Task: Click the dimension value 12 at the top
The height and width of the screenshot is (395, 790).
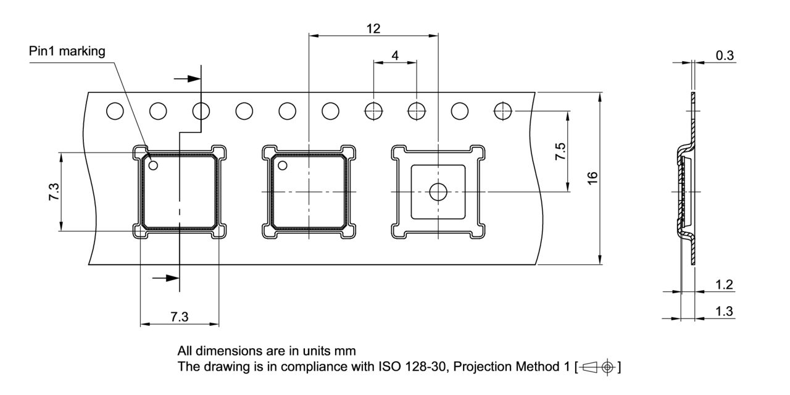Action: (x=373, y=28)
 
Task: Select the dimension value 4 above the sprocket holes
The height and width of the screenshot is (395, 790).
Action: (x=395, y=56)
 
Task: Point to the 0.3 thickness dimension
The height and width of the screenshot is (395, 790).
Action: (x=725, y=56)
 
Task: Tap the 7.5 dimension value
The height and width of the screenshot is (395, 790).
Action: (x=560, y=151)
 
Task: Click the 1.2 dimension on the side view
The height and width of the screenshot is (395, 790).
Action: (x=725, y=285)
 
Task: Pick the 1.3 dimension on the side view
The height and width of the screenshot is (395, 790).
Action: (x=725, y=312)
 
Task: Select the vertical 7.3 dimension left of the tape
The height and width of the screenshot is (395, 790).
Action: (x=54, y=191)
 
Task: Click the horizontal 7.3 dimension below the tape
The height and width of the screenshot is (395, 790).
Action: (x=179, y=317)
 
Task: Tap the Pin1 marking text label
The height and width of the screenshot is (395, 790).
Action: (x=67, y=51)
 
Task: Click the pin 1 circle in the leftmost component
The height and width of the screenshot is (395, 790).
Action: (x=153, y=165)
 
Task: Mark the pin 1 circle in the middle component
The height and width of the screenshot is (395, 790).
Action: (x=283, y=165)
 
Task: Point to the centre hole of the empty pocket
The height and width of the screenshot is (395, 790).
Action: (x=438, y=191)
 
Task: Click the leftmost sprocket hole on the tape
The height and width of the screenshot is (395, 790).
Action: (x=115, y=111)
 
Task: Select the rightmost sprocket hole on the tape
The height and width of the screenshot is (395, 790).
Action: (x=503, y=111)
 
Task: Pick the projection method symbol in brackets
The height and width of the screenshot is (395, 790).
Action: (x=597, y=367)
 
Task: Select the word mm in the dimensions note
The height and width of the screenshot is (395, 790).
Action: (x=345, y=351)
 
